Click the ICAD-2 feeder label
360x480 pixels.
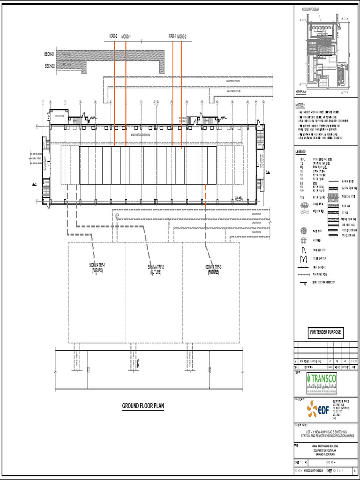113,36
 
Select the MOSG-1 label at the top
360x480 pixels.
127,36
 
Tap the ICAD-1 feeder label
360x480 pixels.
172,36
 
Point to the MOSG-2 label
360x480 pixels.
182,36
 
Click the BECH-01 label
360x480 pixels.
50,54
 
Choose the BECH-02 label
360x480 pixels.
50,66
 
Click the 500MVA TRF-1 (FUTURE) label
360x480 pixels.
97,268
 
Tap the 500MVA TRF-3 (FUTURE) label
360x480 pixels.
213,269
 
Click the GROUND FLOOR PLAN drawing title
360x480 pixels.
143,406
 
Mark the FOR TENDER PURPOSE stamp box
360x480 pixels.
325,333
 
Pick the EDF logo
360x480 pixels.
318,409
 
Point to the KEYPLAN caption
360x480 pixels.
300,92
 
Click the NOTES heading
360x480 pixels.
300,105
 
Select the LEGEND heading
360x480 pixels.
301,152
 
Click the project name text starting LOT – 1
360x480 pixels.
325,434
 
